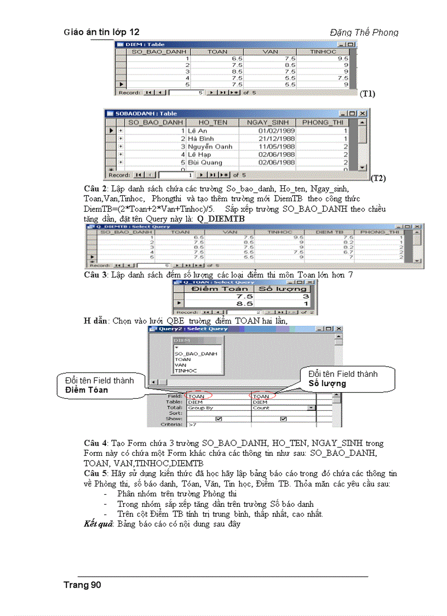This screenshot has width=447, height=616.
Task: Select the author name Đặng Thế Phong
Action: click(364, 32)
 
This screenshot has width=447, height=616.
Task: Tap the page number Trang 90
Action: click(82, 585)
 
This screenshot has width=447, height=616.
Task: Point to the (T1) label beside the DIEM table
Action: click(367, 94)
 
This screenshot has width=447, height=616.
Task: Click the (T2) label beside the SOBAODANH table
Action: click(378, 178)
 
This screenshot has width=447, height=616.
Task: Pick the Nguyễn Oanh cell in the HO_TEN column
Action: click(210, 147)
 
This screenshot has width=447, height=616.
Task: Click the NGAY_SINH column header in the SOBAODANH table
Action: click(267, 123)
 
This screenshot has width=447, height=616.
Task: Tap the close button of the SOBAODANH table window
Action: click(363, 113)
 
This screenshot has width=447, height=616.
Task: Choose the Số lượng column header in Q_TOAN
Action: click(282, 289)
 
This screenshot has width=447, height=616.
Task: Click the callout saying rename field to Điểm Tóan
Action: click(99, 385)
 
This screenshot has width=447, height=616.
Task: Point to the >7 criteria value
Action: click(193, 425)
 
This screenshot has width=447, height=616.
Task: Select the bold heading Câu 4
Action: click(95, 443)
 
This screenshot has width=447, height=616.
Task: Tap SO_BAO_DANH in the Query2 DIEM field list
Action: click(196, 354)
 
